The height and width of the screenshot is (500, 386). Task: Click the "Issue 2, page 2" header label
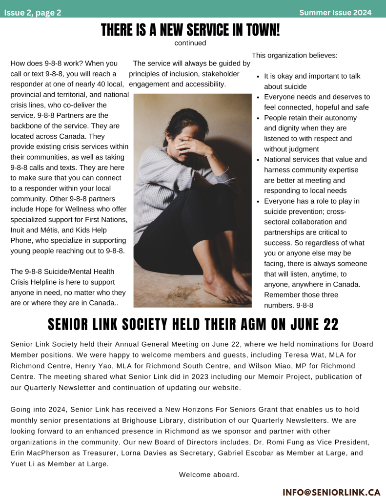tap(33, 13)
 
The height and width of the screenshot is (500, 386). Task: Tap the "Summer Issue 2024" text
tap(335, 13)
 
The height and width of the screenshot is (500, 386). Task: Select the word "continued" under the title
tap(190, 43)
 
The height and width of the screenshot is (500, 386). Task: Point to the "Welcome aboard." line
tap(209, 475)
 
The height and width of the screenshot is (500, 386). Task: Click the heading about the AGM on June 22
tap(193, 324)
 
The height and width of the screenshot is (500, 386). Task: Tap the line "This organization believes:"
tap(294, 55)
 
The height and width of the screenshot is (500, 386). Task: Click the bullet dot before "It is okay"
tap(258, 77)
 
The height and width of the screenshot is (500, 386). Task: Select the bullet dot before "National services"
tap(258, 160)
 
